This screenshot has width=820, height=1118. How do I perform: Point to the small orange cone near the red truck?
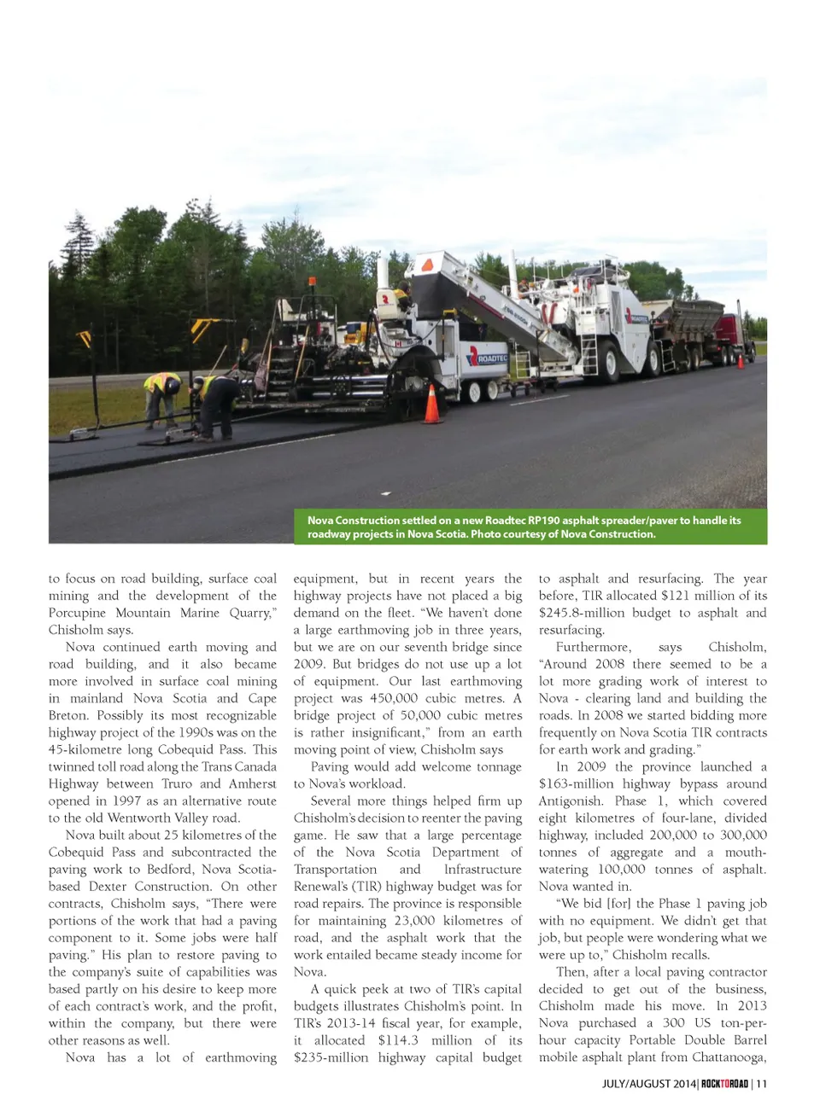pyautogui.click(x=740, y=361)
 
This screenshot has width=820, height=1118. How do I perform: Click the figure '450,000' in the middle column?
pyautogui.click(x=394, y=698)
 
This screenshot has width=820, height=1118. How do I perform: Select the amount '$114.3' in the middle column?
pyautogui.click(x=398, y=1039)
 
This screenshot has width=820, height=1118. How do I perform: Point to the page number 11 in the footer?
pyautogui.click(x=761, y=1084)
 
